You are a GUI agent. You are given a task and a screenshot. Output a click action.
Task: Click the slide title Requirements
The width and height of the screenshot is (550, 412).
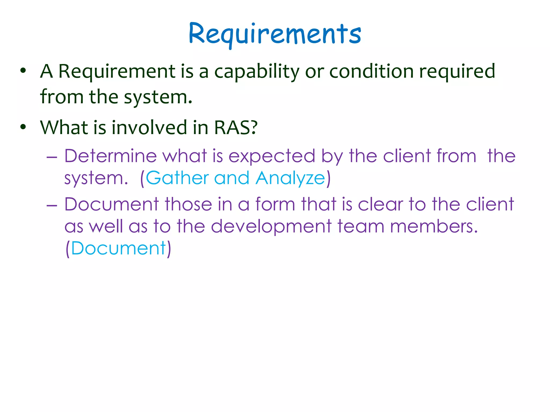point(275,34)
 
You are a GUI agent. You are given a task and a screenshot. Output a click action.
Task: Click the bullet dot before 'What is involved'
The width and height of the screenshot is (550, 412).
point(23,127)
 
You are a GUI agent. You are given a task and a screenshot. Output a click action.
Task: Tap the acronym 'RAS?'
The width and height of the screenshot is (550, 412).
point(236,127)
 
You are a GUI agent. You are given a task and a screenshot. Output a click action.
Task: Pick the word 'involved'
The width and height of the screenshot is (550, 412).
point(149,127)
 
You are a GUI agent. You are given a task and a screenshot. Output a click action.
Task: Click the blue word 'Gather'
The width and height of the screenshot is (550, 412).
point(177,178)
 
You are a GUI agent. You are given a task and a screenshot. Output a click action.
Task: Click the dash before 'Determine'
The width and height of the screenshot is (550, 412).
point(52,156)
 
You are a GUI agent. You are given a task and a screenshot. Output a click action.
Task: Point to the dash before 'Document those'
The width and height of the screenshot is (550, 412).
point(52,205)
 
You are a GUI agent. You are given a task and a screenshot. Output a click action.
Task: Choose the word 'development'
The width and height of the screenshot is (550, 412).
point(271,227)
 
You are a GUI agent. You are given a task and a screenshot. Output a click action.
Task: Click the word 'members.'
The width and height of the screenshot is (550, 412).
point(434,226)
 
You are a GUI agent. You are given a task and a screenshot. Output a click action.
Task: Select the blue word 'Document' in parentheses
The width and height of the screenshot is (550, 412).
point(118,248)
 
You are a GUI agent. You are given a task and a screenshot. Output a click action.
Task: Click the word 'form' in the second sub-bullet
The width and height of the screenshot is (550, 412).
point(275,204)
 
